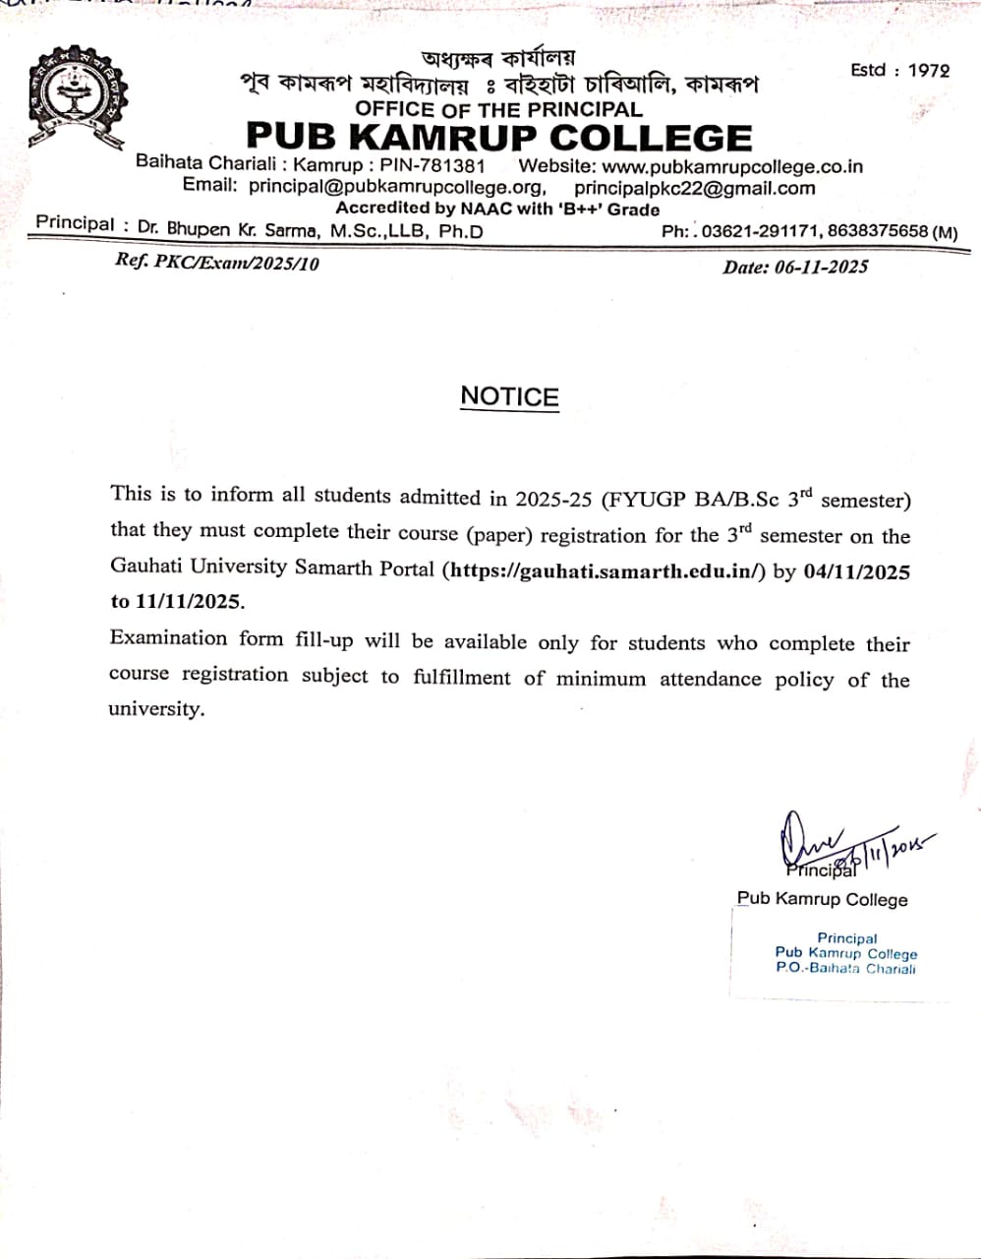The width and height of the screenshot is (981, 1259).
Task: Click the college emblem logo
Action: pyautogui.click(x=78, y=96)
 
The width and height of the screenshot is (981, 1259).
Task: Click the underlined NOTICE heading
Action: pyautogui.click(x=509, y=396)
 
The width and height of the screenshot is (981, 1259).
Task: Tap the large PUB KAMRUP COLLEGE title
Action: pyautogui.click(x=498, y=138)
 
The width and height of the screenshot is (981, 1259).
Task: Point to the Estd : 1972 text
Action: pyautogui.click(x=900, y=71)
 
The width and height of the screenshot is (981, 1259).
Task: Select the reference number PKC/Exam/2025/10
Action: pyautogui.click(x=236, y=263)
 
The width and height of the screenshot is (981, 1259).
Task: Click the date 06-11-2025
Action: pyautogui.click(x=821, y=267)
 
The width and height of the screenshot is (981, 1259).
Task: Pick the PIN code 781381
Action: pyautogui.click(x=451, y=165)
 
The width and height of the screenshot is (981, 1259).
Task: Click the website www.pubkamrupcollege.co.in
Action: pyautogui.click(x=731, y=166)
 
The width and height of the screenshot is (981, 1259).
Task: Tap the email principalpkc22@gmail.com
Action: pyautogui.click(x=694, y=188)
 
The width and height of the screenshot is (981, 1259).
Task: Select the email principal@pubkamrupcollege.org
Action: pyautogui.click(x=396, y=186)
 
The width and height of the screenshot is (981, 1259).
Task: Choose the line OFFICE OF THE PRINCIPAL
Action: pyautogui.click(x=498, y=109)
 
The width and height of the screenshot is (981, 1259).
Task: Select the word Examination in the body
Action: pyautogui.click(x=168, y=637)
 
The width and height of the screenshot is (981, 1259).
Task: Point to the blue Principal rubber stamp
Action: pyautogui.click(x=845, y=953)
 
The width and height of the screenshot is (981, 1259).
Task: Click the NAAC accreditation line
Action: pyautogui.click(x=497, y=209)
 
